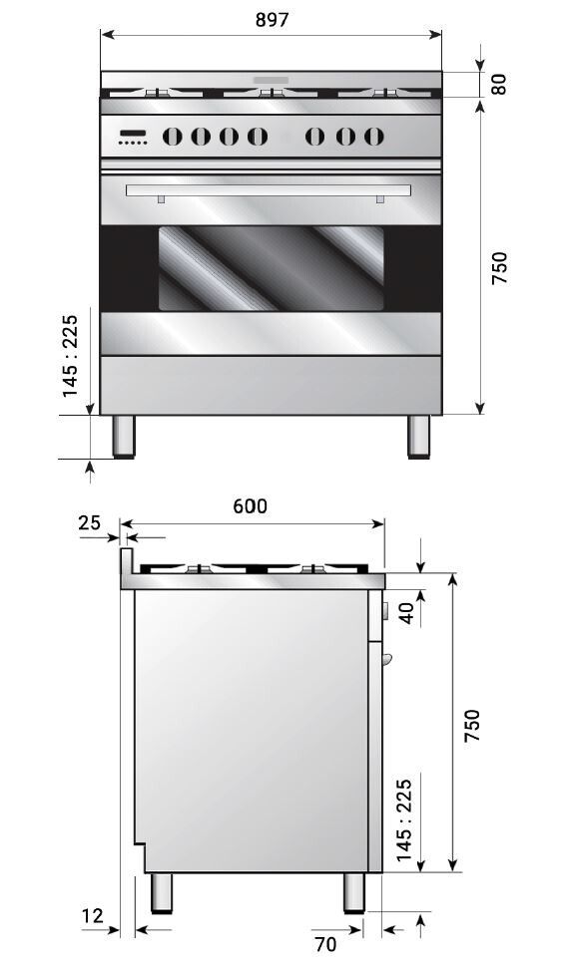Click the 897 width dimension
271,20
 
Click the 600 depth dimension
251,506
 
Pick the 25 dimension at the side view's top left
90,522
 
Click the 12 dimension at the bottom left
92,915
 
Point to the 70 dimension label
326,943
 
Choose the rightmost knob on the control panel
373,136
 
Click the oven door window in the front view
271,266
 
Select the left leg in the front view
124,436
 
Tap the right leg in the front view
418,436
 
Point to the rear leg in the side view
161,892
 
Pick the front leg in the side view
354,892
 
